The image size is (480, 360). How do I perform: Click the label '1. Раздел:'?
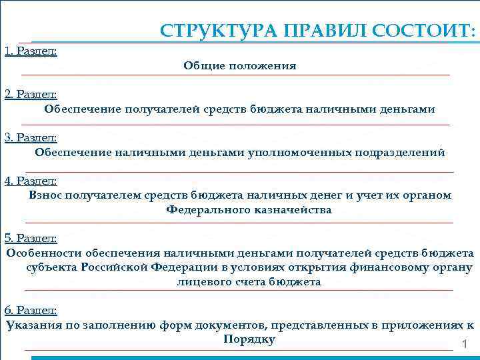point(30,51)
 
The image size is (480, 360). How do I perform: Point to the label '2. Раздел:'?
point(31,95)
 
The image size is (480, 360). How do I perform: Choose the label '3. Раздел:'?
point(31,137)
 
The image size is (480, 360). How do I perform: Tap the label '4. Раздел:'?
point(31,181)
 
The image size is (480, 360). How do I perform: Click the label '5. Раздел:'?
point(31,238)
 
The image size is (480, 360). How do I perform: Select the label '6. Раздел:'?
point(31,311)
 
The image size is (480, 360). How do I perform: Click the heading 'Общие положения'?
point(240,66)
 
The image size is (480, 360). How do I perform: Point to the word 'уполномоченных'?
point(301,152)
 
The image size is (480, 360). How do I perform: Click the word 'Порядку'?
point(249,339)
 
